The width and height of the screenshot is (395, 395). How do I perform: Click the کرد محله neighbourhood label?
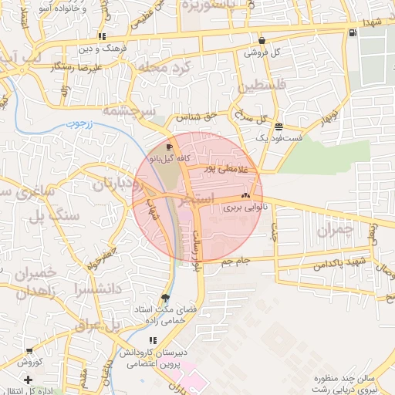click(x=168, y=67)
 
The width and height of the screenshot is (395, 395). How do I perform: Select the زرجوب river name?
click(x=77, y=123)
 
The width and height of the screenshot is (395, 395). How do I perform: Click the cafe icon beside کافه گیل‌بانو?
click(x=170, y=147)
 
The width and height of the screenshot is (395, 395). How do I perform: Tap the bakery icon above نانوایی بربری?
click(x=246, y=197)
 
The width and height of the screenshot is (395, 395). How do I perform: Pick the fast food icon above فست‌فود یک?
click(x=278, y=127)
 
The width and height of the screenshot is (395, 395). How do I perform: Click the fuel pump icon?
click(x=353, y=32)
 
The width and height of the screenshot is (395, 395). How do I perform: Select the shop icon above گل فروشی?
click(x=262, y=41)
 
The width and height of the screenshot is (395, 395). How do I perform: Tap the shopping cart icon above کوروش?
click(x=29, y=351)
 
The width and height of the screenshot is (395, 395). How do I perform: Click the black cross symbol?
click(x=29, y=380)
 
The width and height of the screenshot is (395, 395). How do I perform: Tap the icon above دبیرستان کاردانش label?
click(x=153, y=340)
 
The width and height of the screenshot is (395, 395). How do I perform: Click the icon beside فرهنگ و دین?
click(x=103, y=37)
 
